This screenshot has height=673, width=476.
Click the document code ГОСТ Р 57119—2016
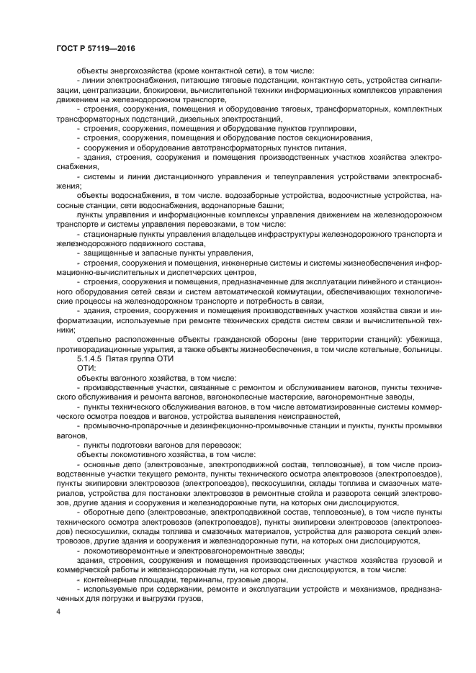tap(94, 48)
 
